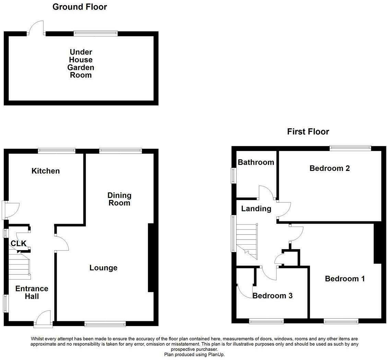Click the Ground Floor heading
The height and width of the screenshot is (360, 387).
80,7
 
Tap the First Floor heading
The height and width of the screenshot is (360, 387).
308,131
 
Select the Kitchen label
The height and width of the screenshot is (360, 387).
46,171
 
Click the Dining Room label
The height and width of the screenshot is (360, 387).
119,199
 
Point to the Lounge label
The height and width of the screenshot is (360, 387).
103,268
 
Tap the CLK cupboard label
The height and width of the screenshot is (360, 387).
19,244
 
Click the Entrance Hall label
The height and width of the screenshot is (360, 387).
32,292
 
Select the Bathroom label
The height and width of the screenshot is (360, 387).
256,162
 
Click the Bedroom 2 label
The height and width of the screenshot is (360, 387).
329,168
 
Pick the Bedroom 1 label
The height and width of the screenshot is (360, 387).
345,279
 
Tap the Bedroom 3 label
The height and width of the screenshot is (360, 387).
272,295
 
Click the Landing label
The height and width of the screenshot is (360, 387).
256,209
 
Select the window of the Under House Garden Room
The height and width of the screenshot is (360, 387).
96,33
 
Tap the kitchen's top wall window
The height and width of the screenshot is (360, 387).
57,151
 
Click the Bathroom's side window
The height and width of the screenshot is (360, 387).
233,175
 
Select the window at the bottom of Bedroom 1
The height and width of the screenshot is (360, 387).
341,321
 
